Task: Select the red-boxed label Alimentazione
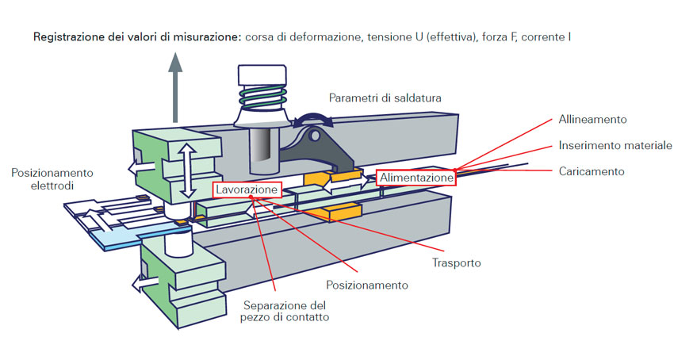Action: point(416,178)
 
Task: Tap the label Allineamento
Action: point(592,120)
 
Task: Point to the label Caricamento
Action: point(591,171)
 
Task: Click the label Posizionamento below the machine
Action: point(367,285)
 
